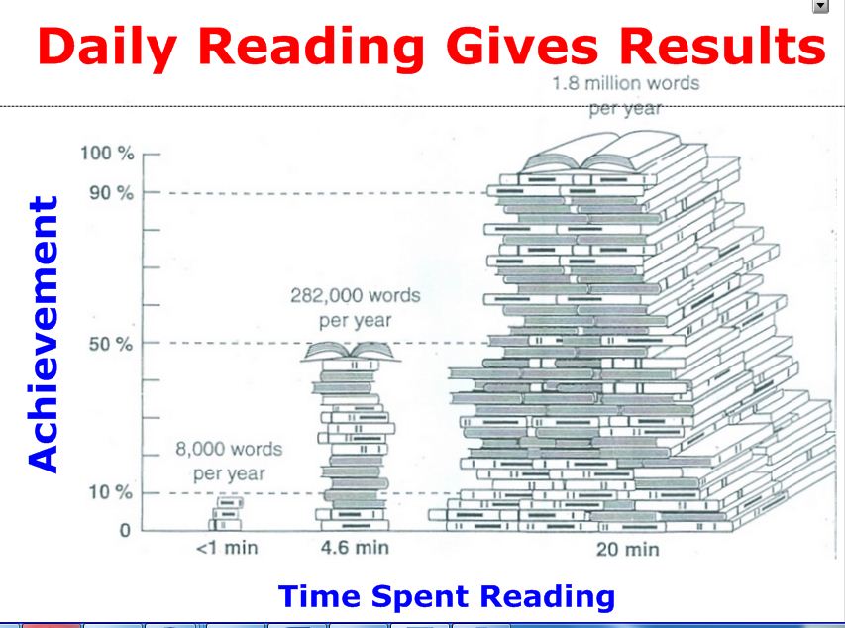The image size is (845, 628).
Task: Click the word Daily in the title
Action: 107,48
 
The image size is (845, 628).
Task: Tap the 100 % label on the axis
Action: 107,154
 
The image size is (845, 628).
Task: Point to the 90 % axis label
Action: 111,192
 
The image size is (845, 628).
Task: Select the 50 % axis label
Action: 111,344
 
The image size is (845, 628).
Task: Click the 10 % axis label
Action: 111,491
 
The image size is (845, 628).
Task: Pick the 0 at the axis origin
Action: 125,530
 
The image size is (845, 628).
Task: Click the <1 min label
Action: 227,548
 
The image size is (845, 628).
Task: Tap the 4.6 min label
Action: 355,548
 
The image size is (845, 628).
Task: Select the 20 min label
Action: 627,550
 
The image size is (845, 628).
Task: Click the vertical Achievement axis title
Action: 43,334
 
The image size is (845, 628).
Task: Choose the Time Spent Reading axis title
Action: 447,597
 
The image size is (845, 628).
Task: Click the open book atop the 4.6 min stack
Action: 351,352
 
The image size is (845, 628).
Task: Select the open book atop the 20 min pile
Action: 602,153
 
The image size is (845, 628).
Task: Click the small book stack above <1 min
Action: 226,514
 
